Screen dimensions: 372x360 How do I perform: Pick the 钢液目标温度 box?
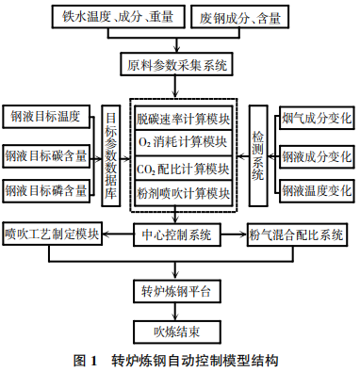(47, 117)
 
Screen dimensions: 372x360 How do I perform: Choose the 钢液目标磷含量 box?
(47, 189)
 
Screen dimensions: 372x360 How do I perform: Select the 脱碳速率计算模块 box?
(183, 120)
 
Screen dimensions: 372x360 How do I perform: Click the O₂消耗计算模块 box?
(183, 143)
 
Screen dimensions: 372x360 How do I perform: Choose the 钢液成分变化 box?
(314, 154)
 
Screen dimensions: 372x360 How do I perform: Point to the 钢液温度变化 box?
(314, 189)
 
